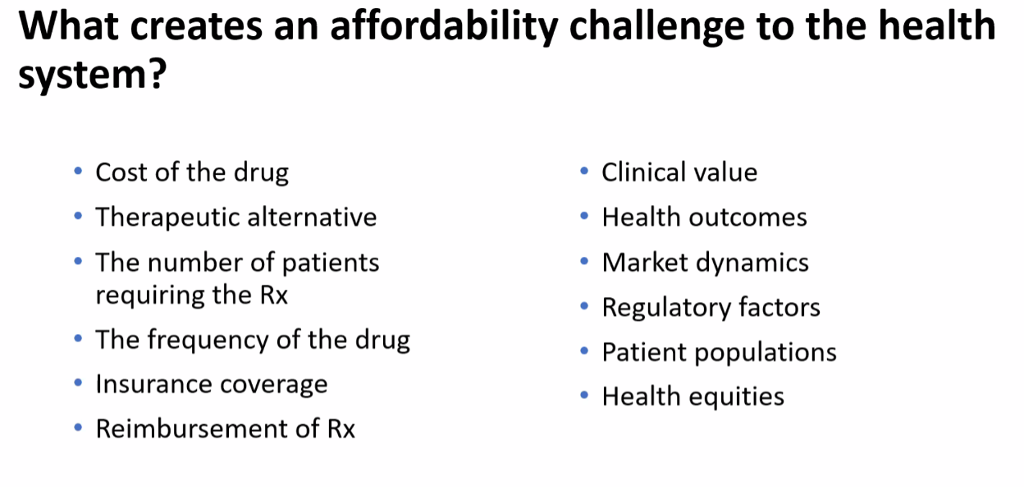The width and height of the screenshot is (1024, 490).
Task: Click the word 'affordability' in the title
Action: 444,26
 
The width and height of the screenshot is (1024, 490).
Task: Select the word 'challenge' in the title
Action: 657,26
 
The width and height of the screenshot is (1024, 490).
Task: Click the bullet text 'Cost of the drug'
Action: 192,173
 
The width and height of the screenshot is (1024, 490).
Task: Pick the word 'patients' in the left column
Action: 331,263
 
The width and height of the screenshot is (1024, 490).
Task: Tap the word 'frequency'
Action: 208,340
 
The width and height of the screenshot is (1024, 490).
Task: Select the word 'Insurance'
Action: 153,384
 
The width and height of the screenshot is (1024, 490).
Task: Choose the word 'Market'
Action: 645,263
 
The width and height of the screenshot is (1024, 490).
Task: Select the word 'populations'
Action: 766,353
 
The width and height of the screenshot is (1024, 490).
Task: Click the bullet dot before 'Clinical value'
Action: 583,171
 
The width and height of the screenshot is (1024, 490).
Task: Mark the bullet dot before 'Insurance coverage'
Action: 78,383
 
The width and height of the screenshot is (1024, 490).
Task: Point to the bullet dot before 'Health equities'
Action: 583,395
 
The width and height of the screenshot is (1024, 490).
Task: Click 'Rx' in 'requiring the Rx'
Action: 274,295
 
